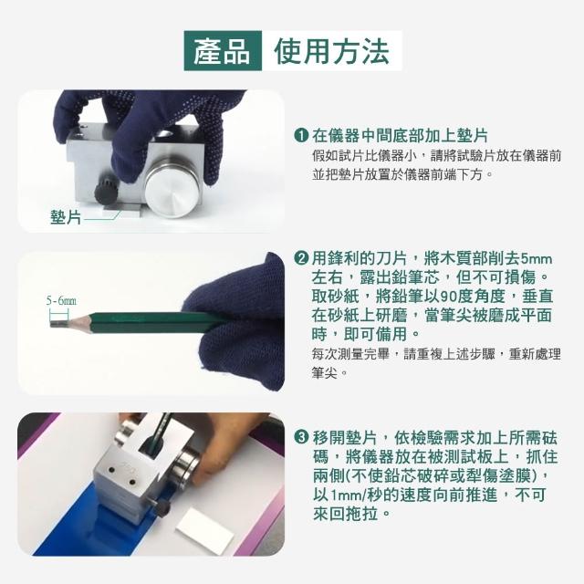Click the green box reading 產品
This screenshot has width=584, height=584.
coord(223,51)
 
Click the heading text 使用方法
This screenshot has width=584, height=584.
coord(331,51)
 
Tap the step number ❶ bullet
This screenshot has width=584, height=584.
coord(300,135)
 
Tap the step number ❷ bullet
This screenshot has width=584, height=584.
coord(300,257)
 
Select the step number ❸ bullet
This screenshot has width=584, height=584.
coord(300,436)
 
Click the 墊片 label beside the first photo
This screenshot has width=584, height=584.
coord(66,217)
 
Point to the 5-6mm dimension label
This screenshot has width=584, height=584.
coord(61,300)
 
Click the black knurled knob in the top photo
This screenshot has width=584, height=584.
coord(106,191)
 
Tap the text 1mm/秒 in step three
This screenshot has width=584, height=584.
coord(349,495)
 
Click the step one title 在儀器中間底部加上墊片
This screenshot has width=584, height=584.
coord(400,135)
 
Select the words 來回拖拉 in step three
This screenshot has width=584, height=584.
coord(345,514)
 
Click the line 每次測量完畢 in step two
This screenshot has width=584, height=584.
coord(350,354)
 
